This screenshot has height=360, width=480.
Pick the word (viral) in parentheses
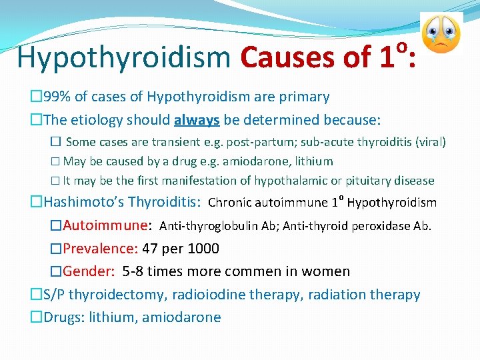point(431,142)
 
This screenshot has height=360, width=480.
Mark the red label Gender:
point(90,271)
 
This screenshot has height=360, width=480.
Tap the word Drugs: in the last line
point(64,317)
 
